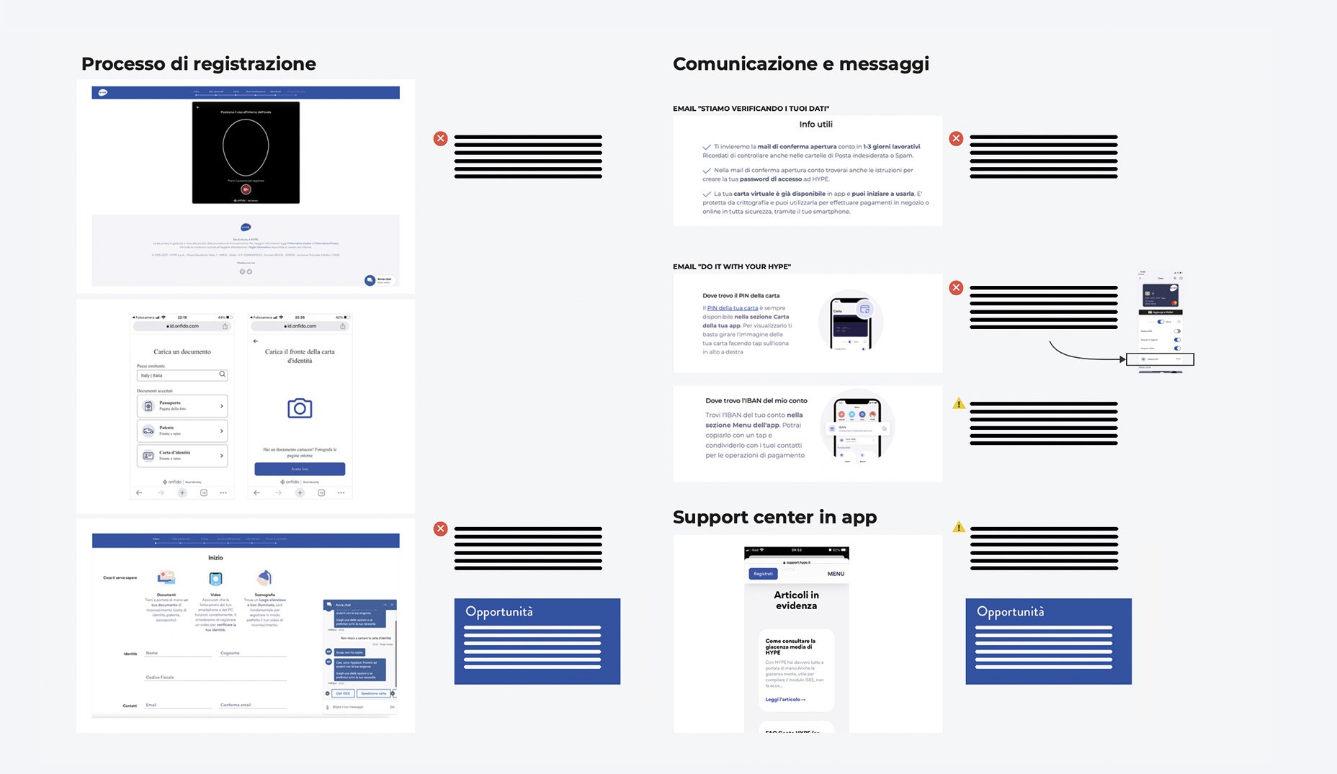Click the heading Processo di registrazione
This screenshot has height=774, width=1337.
(x=198, y=64)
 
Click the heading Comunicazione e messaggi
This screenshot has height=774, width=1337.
(x=800, y=64)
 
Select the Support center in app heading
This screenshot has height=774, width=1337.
(x=774, y=517)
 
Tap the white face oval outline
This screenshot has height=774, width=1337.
(x=246, y=147)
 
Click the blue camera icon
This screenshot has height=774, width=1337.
(x=300, y=408)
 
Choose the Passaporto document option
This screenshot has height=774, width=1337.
(x=182, y=406)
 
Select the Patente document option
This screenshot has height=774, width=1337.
(x=182, y=431)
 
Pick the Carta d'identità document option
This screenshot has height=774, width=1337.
(x=182, y=455)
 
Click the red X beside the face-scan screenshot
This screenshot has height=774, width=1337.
(x=440, y=138)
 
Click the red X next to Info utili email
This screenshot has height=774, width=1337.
(x=956, y=138)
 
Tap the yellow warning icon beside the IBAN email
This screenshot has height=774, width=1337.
(x=958, y=404)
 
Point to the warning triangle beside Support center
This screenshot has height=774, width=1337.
(x=958, y=527)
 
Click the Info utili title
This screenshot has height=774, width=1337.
(x=815, y=125)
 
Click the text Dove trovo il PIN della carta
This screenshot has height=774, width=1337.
(x=741, y=296)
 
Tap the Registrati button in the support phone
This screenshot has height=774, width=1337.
(x=763, y=574)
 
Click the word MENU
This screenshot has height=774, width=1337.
(x=836, y=574)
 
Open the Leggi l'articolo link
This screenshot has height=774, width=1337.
(x=785, y=699)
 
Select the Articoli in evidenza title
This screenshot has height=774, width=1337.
(x=796, y=600)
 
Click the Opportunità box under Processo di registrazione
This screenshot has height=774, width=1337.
(x=537, y=641)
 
